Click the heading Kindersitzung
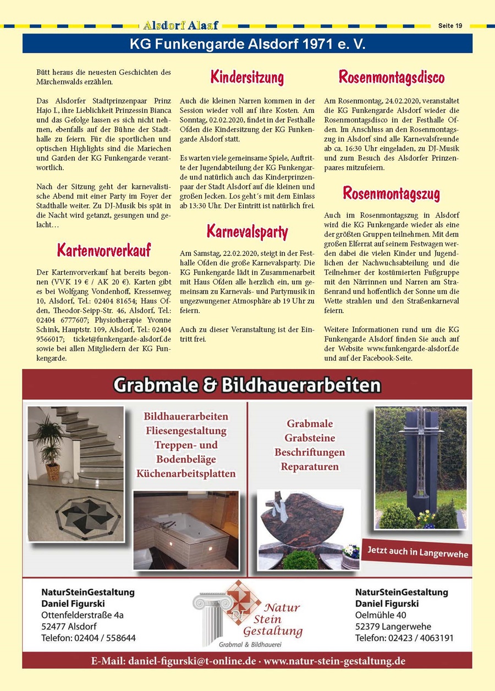[247, 77]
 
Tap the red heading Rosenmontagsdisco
[391, 77]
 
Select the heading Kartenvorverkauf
[103, 249]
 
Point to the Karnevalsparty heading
[247, 230]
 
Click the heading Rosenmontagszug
[391, 193]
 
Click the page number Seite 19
[450, 25]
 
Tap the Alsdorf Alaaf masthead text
[180, 25]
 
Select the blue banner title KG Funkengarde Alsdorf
[248, 43]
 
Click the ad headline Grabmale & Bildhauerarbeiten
[247, 385]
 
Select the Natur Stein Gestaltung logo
[250, 616]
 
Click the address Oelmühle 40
[381, 615]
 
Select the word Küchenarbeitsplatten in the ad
[186, 474]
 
